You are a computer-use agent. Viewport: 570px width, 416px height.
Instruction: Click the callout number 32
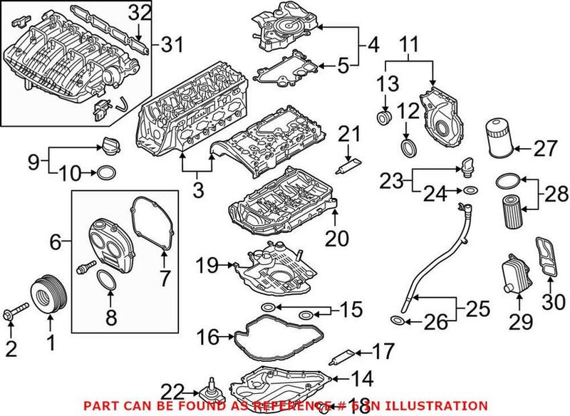pyautogui.click(x=141, y=12)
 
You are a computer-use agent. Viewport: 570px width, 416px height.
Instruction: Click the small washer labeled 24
pyautogui.click(x=470, y=191)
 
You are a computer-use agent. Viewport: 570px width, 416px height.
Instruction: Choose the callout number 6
pyautogui.click(x=56, y=242)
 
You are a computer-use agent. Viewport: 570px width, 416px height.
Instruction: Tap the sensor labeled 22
pyautogui.click(x=212, y=392)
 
